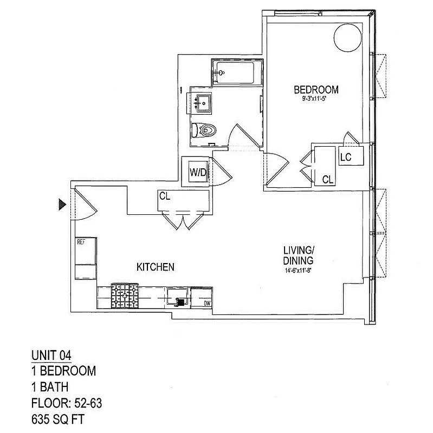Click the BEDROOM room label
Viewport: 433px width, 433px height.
(316, 89)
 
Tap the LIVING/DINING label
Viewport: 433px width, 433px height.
(299, 255)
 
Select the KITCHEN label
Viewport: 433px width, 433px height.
(155, 267)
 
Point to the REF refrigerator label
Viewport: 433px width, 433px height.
(82, 242)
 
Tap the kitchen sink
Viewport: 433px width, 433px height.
(177, 297)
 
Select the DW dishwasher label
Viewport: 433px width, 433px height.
(207, 303)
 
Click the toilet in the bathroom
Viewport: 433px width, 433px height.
(203, 130)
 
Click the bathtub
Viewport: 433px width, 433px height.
(237, 73)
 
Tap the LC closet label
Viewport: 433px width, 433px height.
(346, 157)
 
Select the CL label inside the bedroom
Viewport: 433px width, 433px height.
(327, 180)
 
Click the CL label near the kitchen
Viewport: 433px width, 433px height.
(165, 196)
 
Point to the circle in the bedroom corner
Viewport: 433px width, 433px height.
(347, 37)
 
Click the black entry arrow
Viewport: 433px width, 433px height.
(62, 204)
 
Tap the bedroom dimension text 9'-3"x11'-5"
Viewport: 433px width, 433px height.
(316, 100)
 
